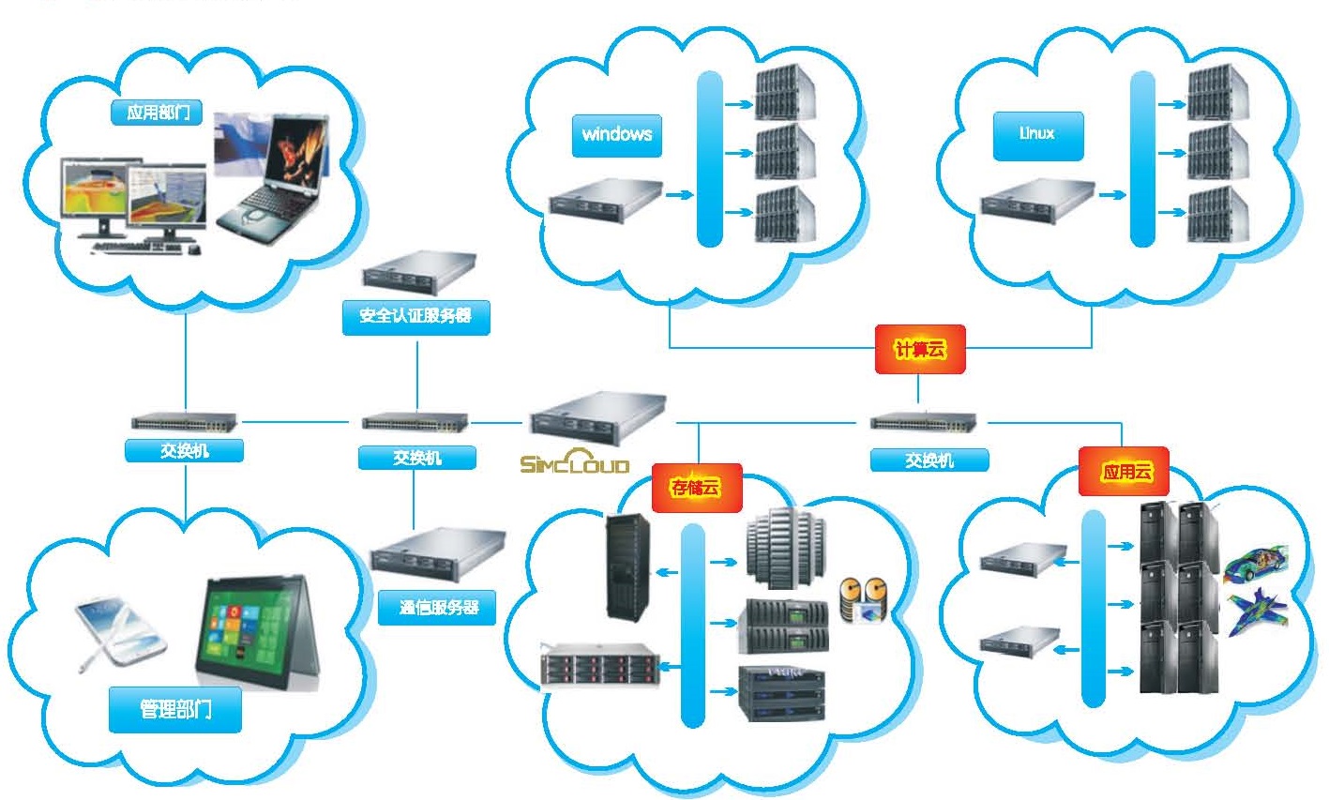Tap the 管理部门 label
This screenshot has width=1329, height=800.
click(175, 709)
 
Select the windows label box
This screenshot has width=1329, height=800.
click(616, 135)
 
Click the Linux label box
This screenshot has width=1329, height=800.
click(1037, 135)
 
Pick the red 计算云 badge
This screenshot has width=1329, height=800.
click(919, 350)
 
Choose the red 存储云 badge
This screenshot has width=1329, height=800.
click(695, 487)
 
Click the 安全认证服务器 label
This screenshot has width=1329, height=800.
click(415, 316)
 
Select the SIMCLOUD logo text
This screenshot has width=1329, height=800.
click(575, 463)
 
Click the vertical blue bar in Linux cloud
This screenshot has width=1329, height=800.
click(1141, 159)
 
